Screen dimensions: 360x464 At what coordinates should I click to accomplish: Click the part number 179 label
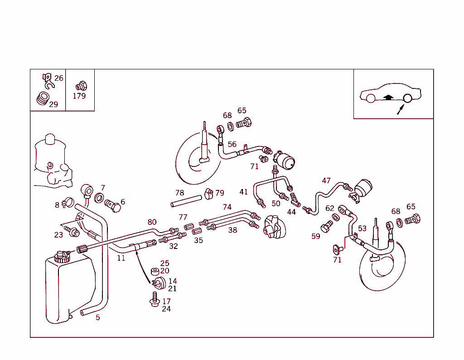click(79, 96)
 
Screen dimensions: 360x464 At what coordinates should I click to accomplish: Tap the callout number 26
click(59, 78)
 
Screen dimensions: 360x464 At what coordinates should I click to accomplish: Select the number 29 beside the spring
click(53, 104)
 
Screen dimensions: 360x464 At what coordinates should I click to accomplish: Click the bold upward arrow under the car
click(387, 97)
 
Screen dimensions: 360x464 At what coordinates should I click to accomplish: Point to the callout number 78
click(180, 193)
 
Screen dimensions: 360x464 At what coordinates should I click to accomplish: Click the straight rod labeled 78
click(186, 201)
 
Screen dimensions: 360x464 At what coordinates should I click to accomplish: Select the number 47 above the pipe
click(326, 180)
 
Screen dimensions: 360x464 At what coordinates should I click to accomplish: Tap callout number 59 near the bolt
click(316, 236)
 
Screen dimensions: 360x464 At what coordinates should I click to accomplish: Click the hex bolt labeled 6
click(113, 206)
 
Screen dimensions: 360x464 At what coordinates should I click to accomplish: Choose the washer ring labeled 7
click(99, 198)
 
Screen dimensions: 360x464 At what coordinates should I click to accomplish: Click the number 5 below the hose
click(97, 317)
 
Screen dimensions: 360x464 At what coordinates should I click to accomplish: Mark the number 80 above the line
click(152, 222)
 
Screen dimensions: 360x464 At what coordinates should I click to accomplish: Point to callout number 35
click(198, 240)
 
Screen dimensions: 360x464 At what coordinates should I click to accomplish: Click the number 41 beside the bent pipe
click(244, 192)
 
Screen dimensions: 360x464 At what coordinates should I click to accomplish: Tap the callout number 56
click(232, 144)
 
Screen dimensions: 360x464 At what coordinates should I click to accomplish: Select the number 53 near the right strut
click(362, 228)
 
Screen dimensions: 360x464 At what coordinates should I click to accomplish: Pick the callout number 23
click(58, 235)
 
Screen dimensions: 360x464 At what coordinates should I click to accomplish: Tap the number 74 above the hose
click(227, 207)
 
